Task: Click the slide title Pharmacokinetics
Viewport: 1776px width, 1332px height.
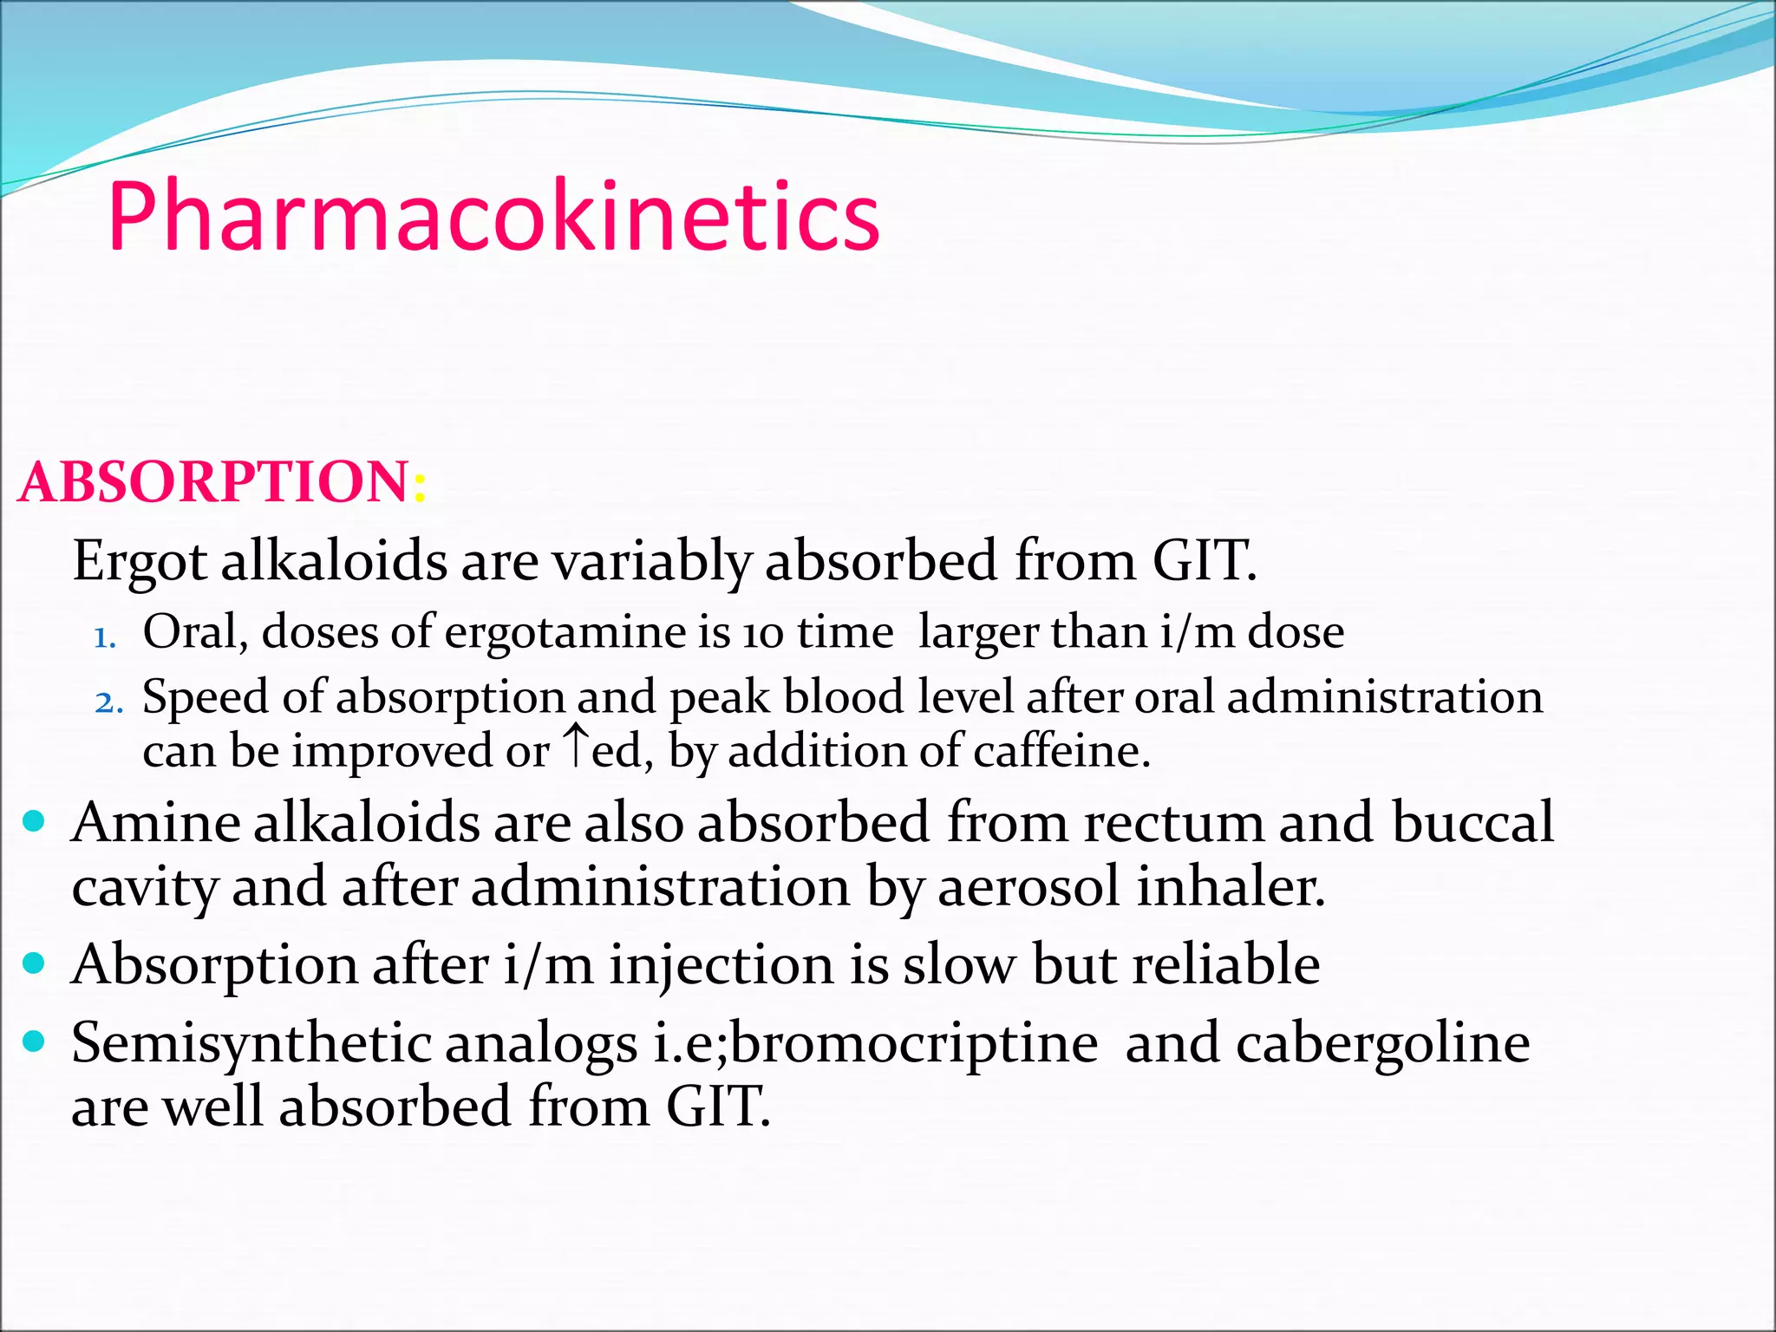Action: click(x=493, y=217)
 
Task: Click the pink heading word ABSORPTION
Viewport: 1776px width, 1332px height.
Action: click(x=213, y=482)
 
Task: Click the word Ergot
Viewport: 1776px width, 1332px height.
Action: click(x=139, y=562)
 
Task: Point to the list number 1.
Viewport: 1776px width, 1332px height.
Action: click(x=104, y=638)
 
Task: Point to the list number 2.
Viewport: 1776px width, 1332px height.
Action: click(x=108, y=702)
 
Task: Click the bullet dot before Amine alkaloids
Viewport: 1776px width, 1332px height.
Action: click(x=34, y=820)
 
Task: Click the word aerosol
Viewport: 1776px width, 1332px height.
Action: click(x=1029, y=888)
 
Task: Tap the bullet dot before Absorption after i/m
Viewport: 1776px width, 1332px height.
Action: click(x=34, y=963)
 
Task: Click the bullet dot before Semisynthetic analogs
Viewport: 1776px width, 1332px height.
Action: click(x=34, y=1041)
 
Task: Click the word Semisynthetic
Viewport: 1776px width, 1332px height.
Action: click(x=251, y=1044)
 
